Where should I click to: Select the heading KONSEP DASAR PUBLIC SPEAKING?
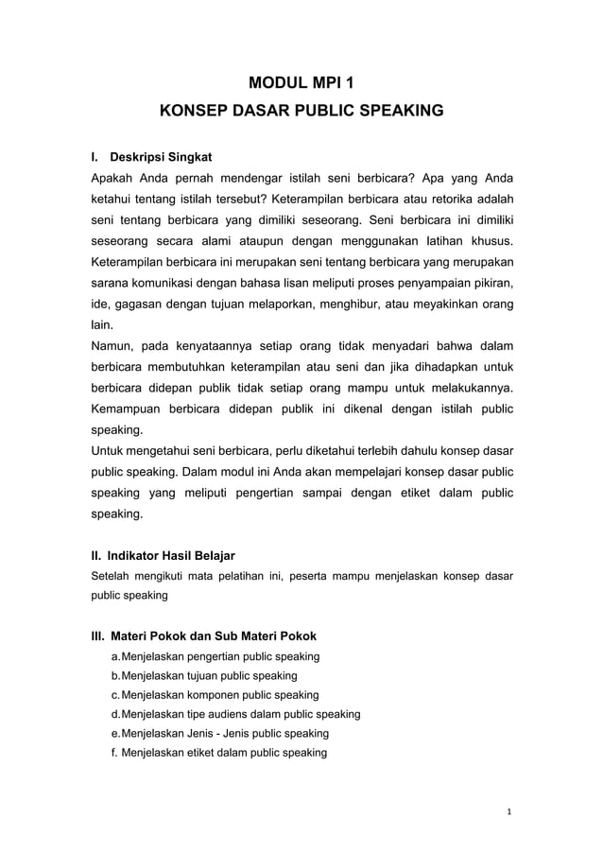pyautogui.click(x=301, y=111)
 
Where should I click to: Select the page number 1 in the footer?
pyautogui.click(x=508, y=811)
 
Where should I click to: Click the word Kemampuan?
pyautogui.click(x=124, y=409)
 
